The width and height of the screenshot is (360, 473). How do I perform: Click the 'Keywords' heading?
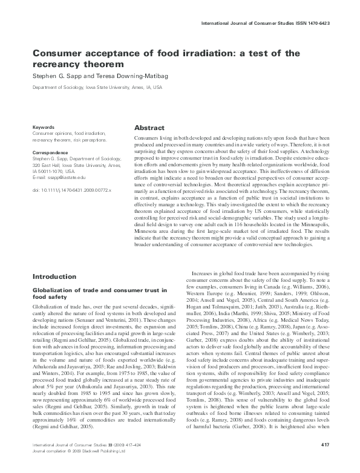(44, 128)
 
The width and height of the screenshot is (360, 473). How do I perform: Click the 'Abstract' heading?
(149, 128)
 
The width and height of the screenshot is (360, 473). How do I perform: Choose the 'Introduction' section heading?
(54, 276)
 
